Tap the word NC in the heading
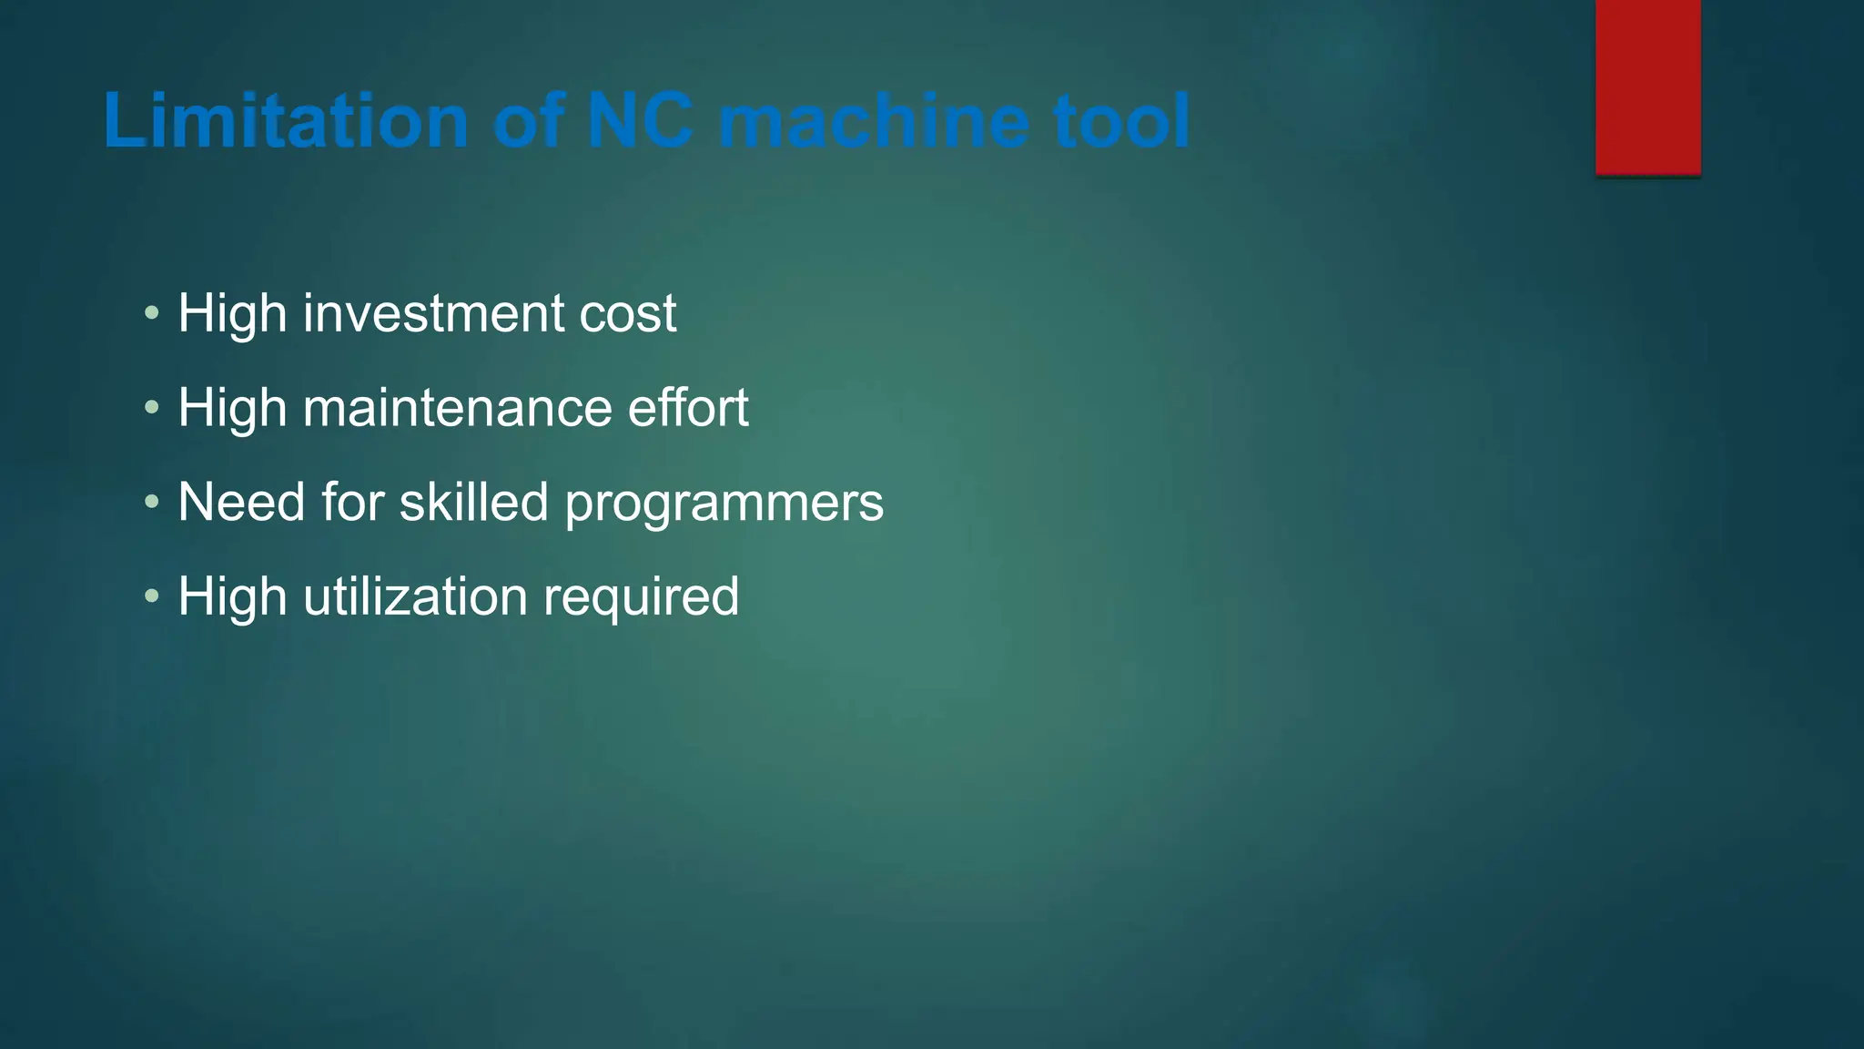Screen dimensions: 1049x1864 click(x=640, y=121)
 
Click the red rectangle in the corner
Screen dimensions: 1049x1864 click(x=1647, y=87)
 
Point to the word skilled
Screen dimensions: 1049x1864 click(x=473, y=502)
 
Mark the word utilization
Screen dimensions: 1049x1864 click(x=415, y=596)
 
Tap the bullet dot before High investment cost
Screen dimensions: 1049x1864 click(x=152, y=314)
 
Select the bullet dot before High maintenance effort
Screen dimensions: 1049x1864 click(x=152, y=408)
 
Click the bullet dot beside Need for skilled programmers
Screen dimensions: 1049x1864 click(x=152, y=503)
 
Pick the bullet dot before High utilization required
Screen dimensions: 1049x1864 click(x=152, y=597)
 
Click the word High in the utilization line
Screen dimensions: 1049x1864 click(x=232, y=597)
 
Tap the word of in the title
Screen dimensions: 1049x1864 click(x=528, y=121)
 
